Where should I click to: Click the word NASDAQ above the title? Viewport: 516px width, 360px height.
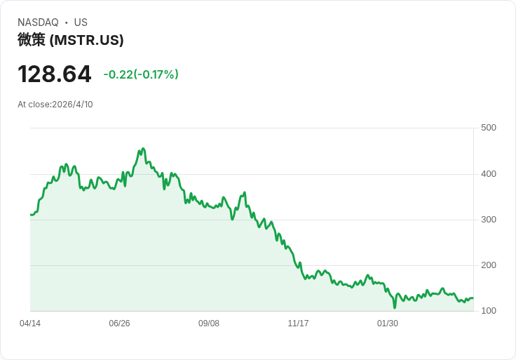point(38,22)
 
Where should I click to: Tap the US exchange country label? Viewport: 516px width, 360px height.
point(81,22)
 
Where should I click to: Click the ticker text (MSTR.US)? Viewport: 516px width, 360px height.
point(86,40)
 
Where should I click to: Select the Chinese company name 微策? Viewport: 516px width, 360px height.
point(32,40)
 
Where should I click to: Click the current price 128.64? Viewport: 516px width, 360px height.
point(54,74)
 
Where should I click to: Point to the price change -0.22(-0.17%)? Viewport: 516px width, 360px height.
point(141,74)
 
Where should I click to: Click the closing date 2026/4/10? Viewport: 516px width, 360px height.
point(72,105)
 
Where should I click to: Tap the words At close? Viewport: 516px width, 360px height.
point(34,105)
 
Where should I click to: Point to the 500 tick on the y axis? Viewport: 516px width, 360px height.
point(489,128)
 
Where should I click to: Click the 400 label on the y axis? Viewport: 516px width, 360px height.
point(489,173)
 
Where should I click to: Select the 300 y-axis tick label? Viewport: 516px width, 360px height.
point(489,220)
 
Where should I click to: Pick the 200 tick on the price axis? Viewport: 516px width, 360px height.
point(489,265)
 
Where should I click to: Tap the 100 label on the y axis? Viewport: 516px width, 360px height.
point(489,310)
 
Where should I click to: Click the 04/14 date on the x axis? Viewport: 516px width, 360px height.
point(30,323)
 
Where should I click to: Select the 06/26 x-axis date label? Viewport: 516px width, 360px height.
point(119,323)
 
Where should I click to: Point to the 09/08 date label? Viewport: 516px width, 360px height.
point(209,323)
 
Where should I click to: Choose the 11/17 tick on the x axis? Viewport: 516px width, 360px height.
point(298,323)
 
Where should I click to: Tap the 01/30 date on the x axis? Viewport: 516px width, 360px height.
point(387,323)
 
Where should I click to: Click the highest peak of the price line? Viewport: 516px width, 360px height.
point(143,149)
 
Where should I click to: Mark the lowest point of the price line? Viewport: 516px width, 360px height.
point(395,308)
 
